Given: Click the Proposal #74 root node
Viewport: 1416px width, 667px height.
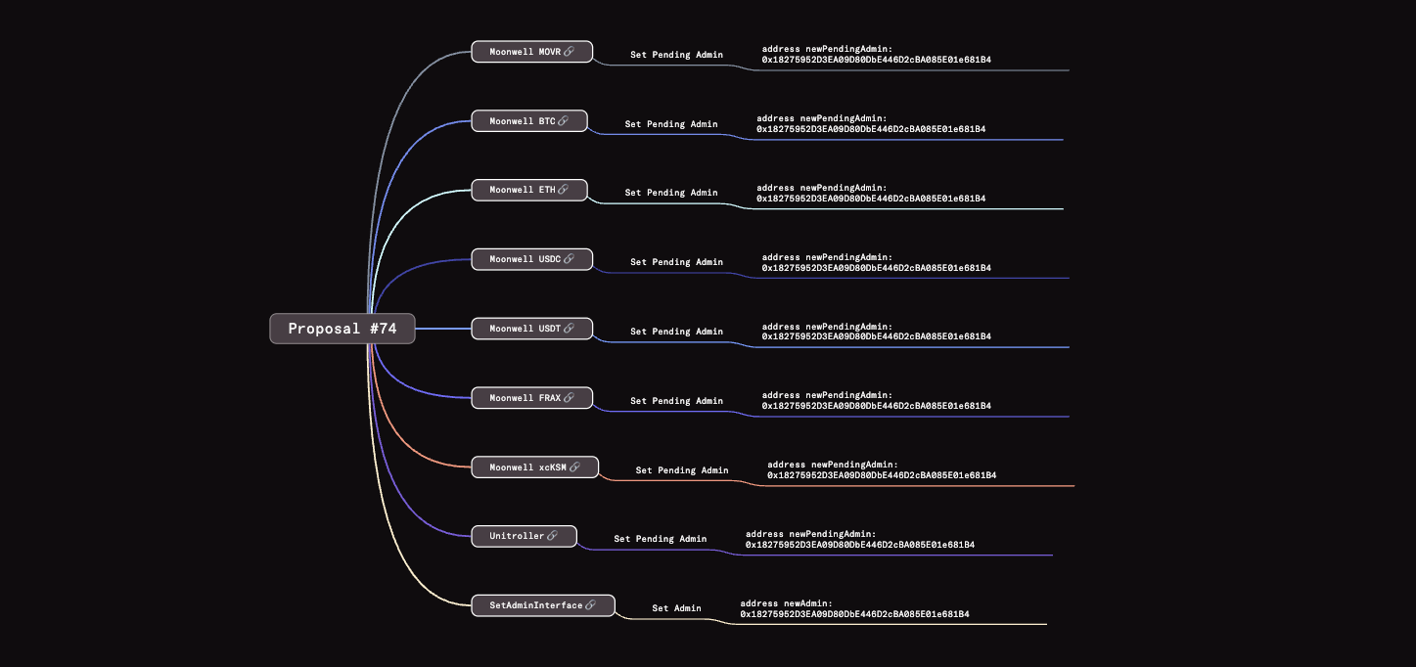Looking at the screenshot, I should click(343, 329).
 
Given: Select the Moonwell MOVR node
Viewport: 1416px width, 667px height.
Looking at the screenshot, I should click(531, 52).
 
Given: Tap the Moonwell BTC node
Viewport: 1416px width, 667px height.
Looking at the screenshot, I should click(528, 121).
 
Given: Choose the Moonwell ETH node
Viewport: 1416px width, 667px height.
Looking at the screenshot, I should click(528, 190).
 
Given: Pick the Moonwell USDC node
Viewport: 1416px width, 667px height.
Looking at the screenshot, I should click(531, 259).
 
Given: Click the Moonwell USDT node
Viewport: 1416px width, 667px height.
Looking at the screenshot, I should click(531, 329).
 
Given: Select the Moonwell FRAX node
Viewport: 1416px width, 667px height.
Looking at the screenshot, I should click(531, 398).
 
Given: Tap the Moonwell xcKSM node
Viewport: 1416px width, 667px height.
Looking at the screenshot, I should click(534, 467).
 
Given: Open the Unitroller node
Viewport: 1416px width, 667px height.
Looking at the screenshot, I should click(524, 536).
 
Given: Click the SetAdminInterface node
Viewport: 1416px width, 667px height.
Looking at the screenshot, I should click(543, 605).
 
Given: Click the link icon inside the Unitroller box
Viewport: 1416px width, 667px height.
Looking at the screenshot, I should click(553, 536).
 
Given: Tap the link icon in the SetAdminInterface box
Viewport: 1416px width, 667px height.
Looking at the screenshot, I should click(590, 605).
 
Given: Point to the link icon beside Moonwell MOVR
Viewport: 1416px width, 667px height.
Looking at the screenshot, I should click(569, 52).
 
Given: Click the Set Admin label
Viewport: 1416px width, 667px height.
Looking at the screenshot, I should click(676, 608).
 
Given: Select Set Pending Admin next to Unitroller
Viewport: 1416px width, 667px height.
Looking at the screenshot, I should click(660, 539).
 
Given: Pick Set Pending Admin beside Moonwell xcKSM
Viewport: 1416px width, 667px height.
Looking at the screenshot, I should click(682, 470).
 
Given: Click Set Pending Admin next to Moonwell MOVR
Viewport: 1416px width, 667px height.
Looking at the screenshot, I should click(676, 55).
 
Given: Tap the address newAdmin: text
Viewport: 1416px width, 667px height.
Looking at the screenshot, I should click(786, 603).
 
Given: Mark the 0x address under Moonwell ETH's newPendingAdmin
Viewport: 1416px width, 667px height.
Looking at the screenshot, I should click(870, 199).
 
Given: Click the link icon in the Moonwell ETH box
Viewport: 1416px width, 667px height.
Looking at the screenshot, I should click(563, 190).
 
